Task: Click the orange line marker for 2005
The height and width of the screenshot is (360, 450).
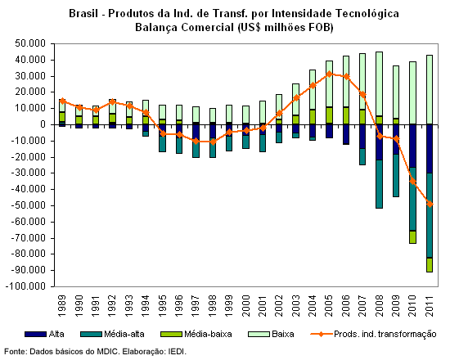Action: click(329, 74)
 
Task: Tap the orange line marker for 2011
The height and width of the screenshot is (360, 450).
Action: click(430, 204)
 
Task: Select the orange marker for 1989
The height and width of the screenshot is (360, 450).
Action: click(62, 101)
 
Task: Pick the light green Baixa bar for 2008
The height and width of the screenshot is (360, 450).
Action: click(380, 84)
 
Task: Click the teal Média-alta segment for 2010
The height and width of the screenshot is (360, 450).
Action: click(412, 199)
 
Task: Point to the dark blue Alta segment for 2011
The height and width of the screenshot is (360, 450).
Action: click(430, 149)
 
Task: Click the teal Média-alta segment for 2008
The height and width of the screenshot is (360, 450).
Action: click(380, 184)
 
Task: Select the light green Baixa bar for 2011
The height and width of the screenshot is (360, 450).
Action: click(430, 90)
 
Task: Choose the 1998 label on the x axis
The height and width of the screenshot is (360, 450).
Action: click(213, 305)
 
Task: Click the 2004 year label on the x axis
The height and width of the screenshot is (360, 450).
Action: click(313, 305)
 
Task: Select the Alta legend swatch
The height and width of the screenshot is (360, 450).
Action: click(35, 334)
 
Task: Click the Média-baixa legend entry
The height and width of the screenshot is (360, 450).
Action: click(196, 334)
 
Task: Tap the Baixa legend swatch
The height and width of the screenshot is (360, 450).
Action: click(259, 334)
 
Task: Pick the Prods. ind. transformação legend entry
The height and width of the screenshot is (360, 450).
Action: click(374, 334)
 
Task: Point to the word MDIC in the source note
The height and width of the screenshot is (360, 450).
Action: click(107, 352)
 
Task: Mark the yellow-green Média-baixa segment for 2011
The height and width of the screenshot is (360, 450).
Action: click(430, 265)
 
